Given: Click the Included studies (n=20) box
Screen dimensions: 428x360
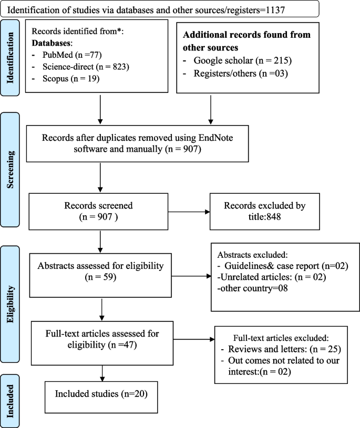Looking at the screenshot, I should (101, 394).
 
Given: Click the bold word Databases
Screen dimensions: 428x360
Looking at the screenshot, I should (52, 42).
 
